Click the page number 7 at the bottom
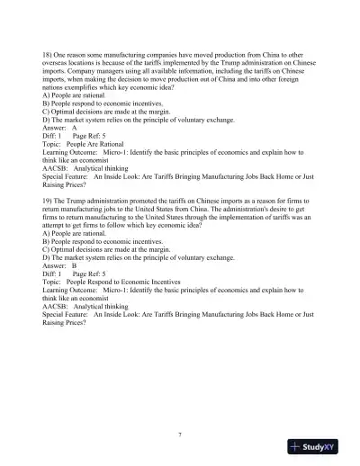click(180, 435)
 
